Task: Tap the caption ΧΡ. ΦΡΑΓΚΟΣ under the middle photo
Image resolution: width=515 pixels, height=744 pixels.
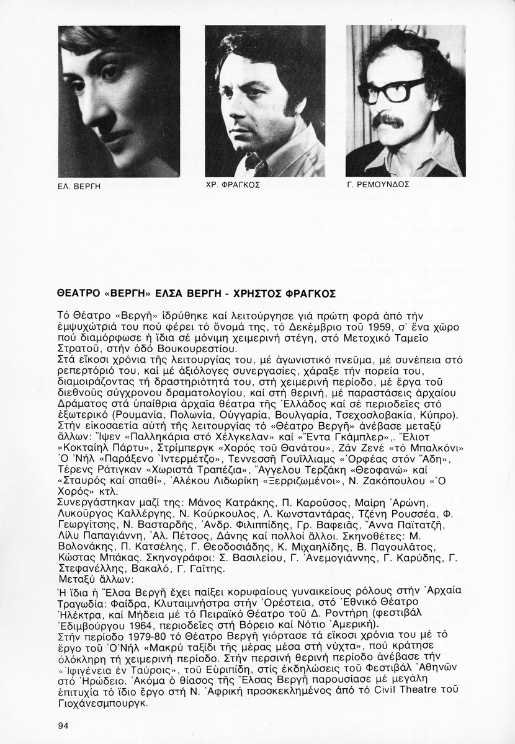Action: pyautogui.click(x=232, y=185)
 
